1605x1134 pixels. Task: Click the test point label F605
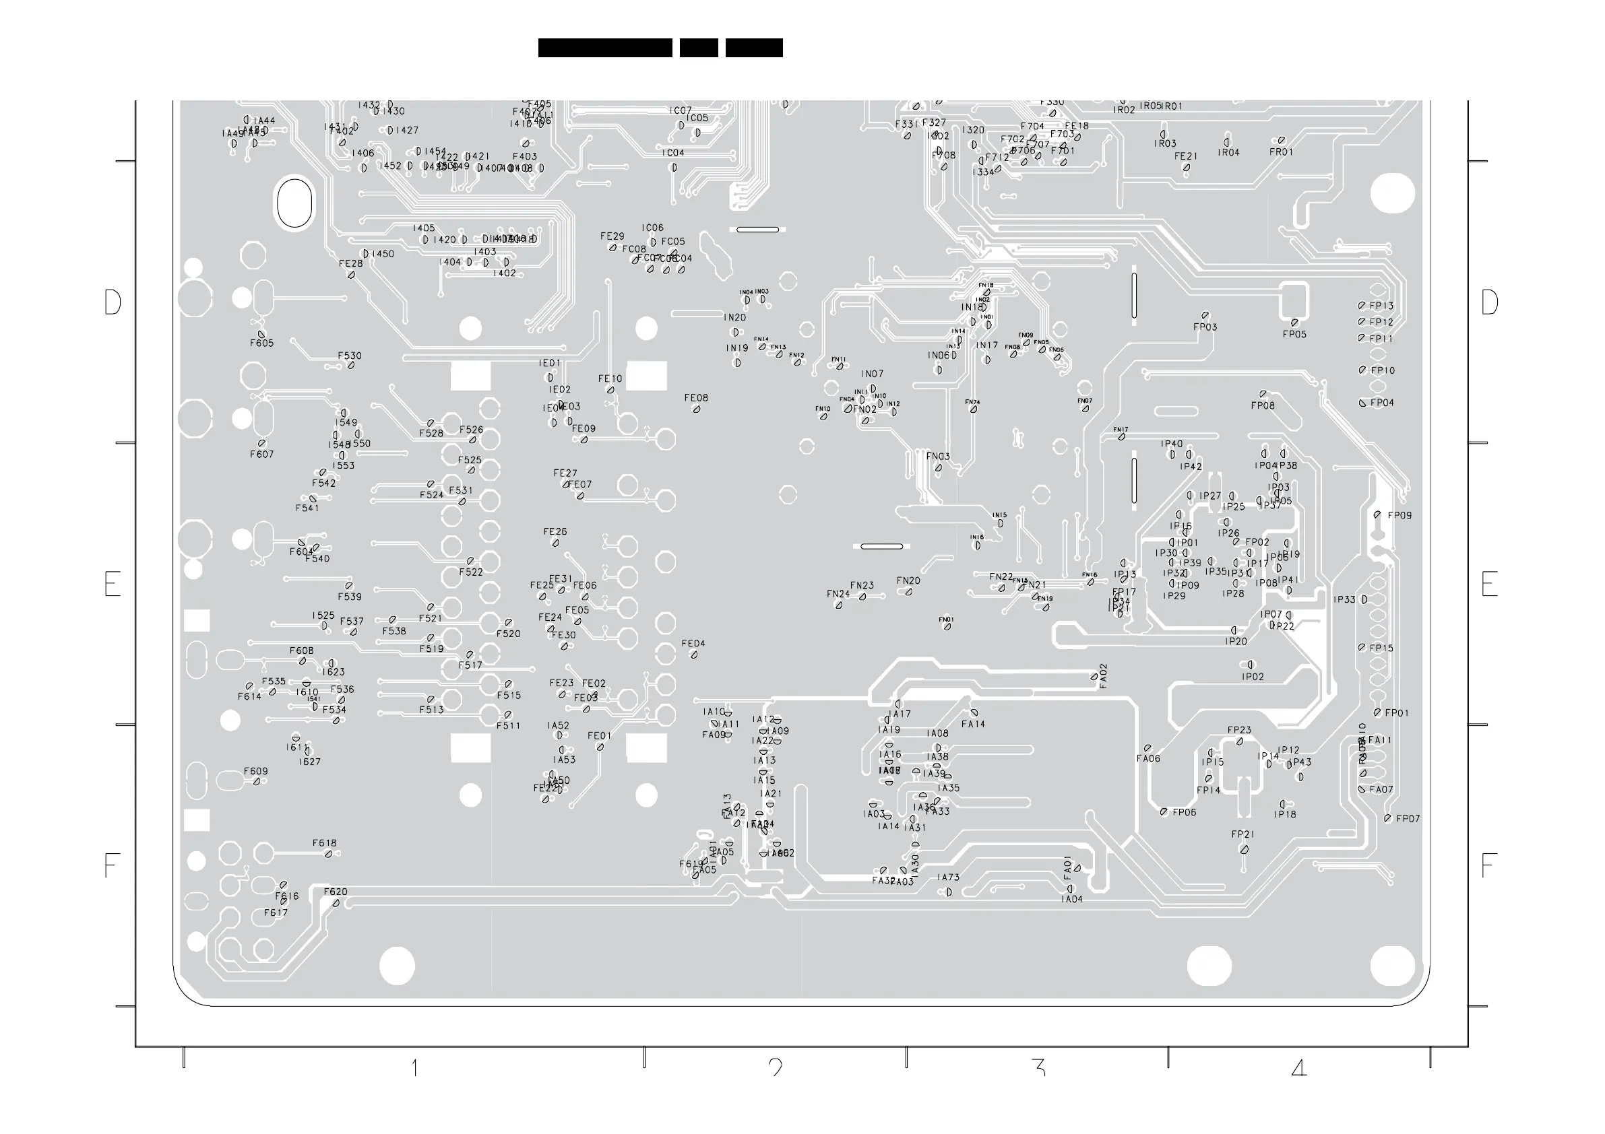coord(261,343)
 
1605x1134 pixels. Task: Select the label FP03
coord(1205,327)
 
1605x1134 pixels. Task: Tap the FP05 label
coord(1294,334)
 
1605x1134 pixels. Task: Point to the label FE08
coord(696,397)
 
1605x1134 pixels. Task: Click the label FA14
coord(972,724)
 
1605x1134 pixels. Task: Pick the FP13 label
coord(1381,305)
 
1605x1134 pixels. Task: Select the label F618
coord(324,842)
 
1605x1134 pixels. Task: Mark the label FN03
coord(938,457)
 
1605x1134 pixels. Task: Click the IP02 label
coord(1253,676)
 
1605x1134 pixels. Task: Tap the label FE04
coord(693,644)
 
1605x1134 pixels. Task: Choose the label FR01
coord(1282,152)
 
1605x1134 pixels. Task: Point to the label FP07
coord(1408,818)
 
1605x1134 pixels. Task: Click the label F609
coord(256,771)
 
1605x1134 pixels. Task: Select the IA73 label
coord(949,877)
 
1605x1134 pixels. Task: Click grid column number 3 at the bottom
coord(1038,1067)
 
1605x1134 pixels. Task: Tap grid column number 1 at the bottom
coord(414,1067)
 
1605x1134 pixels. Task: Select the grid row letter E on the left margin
coord(112,583)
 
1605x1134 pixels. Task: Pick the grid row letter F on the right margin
coord(1488,866)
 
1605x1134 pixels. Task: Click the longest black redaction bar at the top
coord(604,48)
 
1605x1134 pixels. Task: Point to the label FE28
coord(351,263)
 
